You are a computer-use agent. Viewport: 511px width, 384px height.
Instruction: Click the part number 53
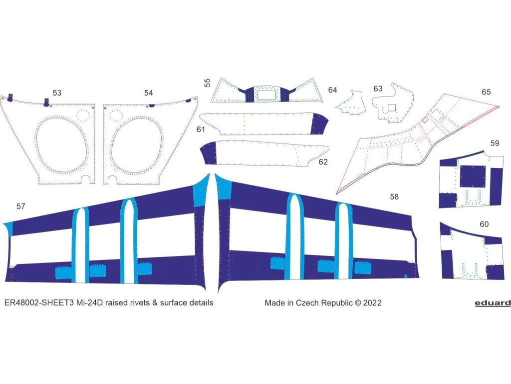57,93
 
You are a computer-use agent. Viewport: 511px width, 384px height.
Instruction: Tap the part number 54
149,93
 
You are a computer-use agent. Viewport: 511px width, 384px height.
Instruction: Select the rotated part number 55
207,82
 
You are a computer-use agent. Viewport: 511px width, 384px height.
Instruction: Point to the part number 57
21,206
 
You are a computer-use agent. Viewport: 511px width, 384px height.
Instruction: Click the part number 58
394,197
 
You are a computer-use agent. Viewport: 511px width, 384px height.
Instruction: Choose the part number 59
495,143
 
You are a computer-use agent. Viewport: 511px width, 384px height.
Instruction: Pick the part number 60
484,224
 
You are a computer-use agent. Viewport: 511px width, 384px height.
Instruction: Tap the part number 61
201,130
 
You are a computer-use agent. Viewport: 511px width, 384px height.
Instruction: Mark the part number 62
323,162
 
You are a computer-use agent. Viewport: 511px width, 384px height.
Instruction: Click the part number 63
378,89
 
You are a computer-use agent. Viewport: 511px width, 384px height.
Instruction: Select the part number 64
332,90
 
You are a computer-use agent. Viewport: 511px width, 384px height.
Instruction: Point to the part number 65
486,92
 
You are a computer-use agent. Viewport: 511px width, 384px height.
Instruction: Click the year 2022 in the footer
373,302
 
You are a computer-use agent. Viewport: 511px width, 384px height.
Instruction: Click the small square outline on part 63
392,106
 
